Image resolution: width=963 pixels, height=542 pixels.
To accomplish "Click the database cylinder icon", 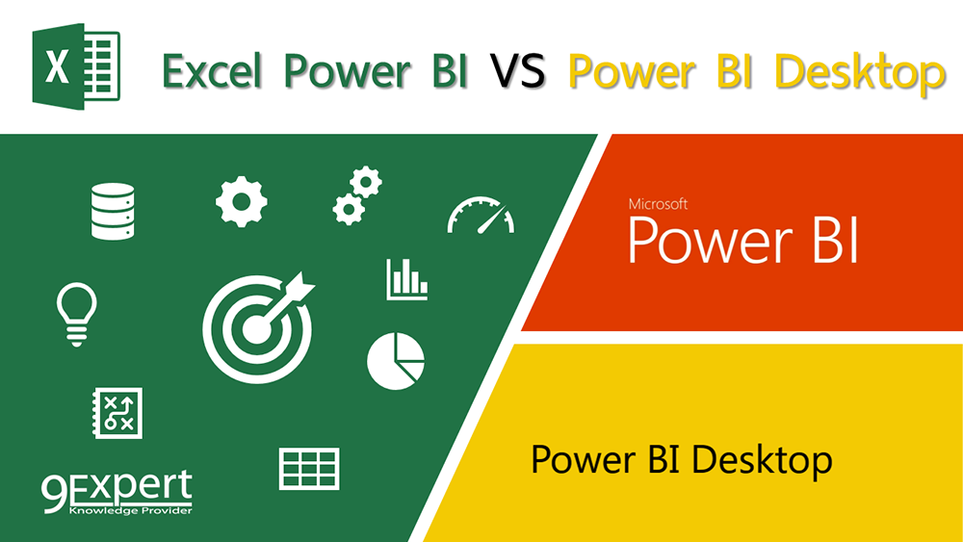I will (112, 212).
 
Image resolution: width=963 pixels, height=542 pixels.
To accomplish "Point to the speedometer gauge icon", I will (481, 216).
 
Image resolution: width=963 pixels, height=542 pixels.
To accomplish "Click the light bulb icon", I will (76, 313).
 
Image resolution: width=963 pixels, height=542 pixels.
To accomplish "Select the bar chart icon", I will (406, 279).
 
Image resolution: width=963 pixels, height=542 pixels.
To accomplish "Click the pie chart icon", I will (395, 361).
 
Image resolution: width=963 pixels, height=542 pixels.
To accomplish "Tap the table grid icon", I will (309, 469).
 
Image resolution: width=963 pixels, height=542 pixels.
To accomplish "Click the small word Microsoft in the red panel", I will (658, 204).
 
